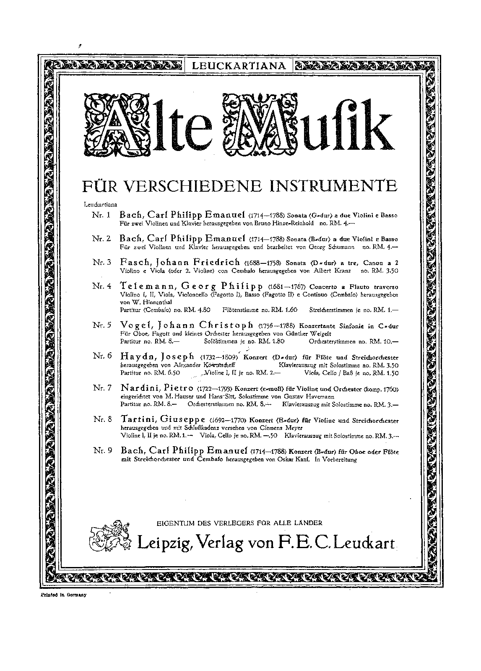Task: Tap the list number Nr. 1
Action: point(102,215)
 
